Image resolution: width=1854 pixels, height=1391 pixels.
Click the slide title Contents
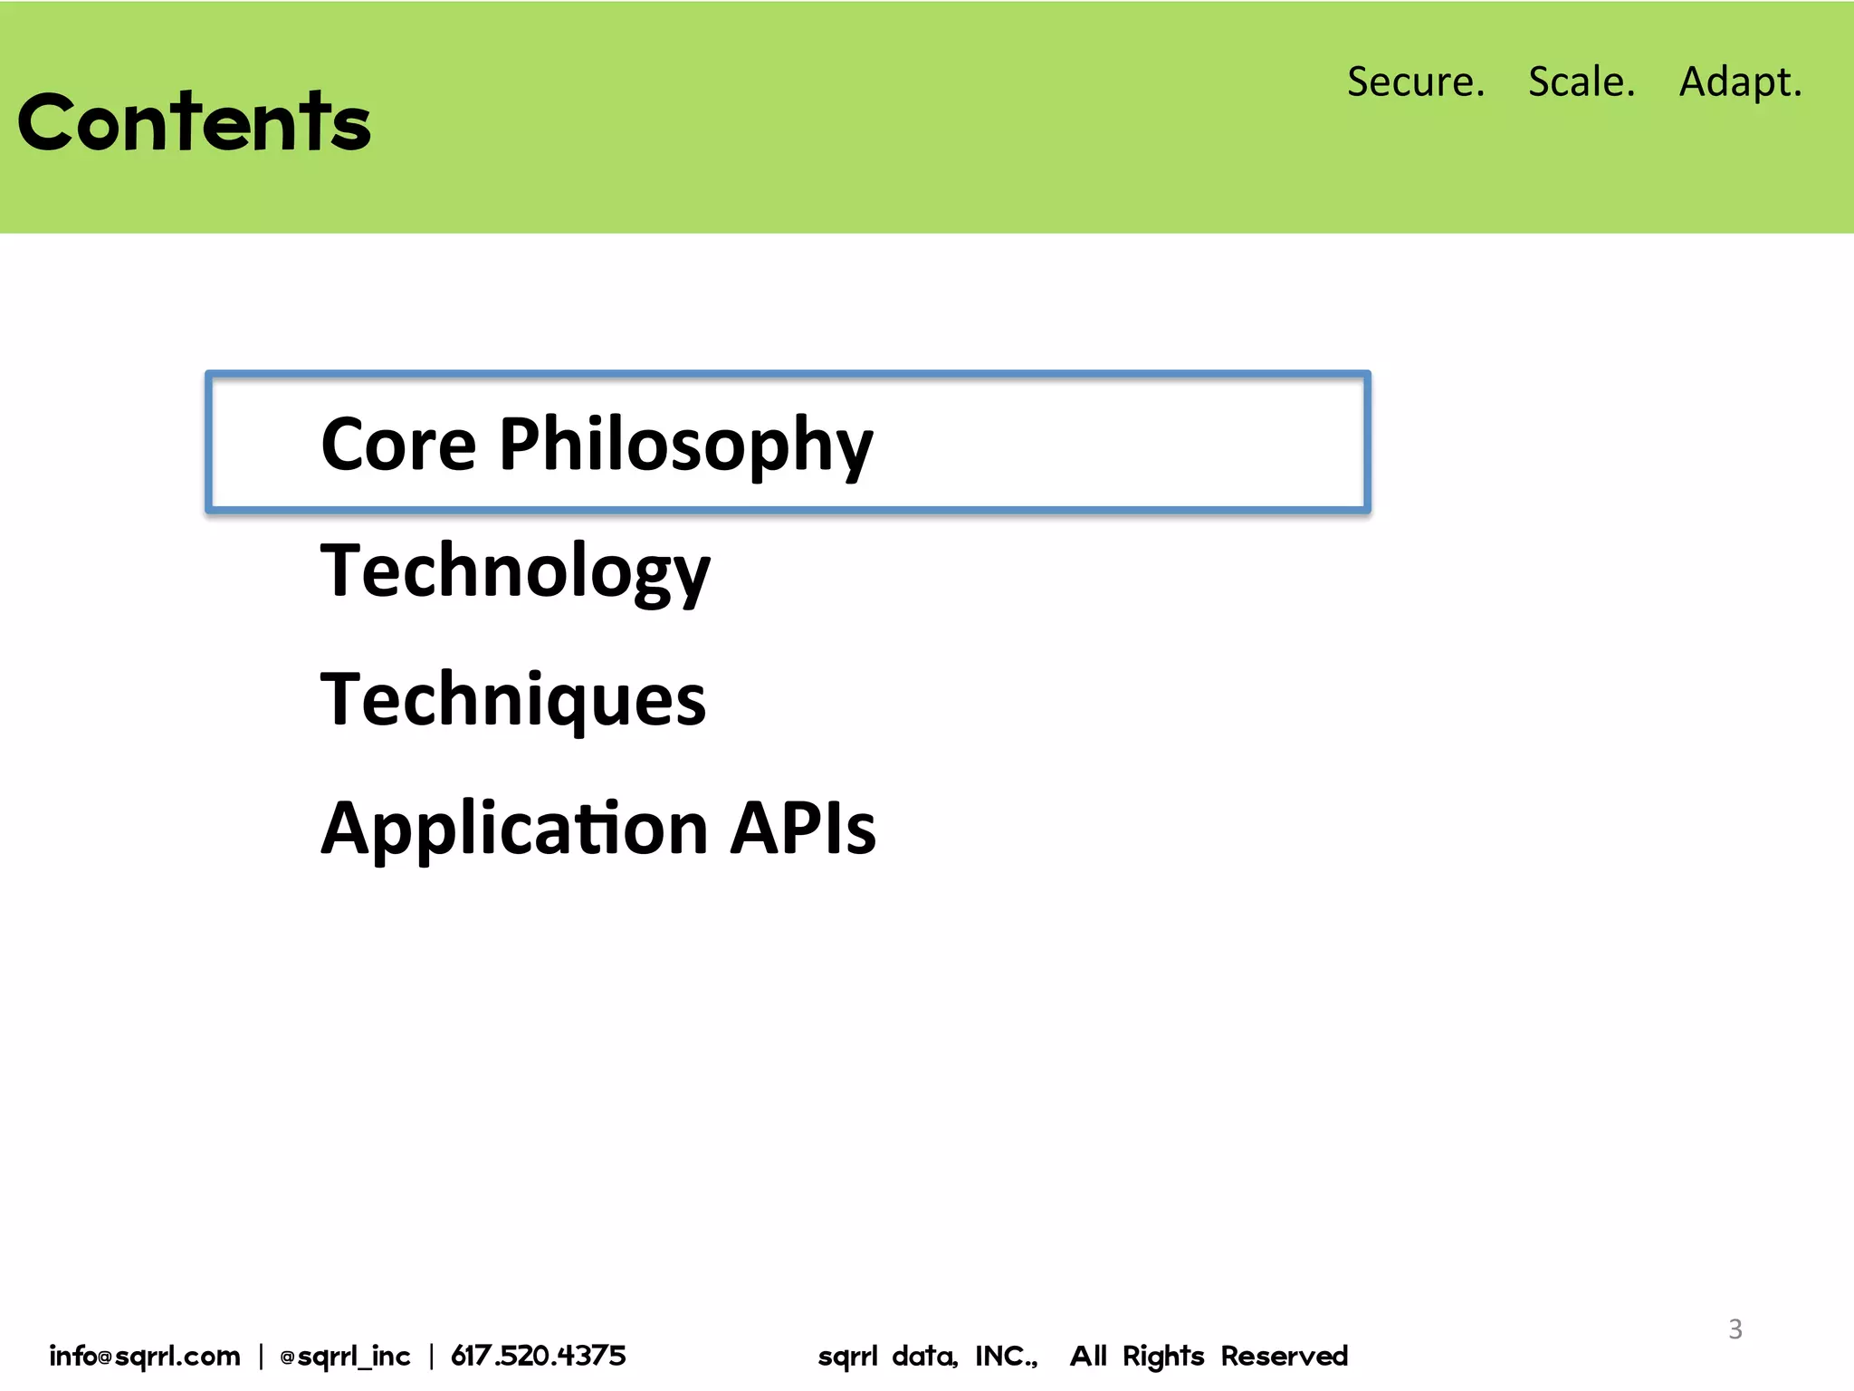click(194, 122)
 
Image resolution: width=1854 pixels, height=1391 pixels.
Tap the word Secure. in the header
click(1416, 82)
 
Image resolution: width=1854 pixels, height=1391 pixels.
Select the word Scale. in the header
click(1582, 82)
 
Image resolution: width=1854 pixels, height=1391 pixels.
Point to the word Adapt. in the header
click(1740, 82)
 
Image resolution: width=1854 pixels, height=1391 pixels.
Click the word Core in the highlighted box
click(398, 445)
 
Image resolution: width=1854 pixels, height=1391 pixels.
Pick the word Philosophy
click(685, 445)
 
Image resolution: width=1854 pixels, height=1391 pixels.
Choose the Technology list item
click(515, 571)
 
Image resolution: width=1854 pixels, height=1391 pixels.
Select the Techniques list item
click(512, 700)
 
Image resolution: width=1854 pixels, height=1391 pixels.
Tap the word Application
click(514, 829)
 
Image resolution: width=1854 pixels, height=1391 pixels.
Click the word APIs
click(803, 828)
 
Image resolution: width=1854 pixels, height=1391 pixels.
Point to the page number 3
click(1735, 1329)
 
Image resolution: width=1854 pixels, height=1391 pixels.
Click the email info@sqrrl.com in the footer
click(145, 1356)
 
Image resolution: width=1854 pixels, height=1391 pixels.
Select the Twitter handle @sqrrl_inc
click(345, 1356)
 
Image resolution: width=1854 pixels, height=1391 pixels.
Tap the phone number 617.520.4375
click(538, 1356)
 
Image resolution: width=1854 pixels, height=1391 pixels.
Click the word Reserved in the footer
click(1284, 1356)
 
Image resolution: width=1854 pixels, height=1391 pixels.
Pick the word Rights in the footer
click(1162, 1356)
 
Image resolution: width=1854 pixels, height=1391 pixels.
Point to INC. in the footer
click(1006, 1356)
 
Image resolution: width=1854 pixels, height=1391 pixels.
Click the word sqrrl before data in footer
click(847, 1356)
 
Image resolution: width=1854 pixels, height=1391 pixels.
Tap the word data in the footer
click(923, 1356)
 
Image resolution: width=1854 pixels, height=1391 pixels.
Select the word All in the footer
click(1088, 1356)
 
